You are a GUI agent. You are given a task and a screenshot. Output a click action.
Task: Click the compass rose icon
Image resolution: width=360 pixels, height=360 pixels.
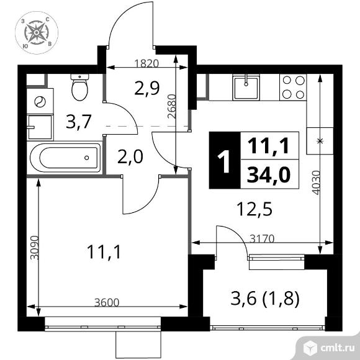coord(37,33)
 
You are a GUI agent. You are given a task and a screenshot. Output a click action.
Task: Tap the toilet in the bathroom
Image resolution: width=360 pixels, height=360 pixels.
coord(79,87)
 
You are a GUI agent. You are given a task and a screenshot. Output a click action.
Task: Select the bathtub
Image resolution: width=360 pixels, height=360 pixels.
coord(65,158)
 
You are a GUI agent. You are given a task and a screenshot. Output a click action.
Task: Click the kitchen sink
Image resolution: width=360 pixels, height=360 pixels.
coord(246,88)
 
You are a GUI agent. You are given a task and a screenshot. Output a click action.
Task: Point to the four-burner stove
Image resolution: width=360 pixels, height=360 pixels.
coord(293,88)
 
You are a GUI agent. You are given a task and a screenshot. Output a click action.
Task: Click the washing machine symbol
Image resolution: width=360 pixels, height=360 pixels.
coord(40,101)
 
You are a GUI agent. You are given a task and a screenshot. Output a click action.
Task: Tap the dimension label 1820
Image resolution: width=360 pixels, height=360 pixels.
coord(146,63)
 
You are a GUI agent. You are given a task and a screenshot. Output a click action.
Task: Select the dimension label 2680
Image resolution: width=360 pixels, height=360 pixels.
coord(172,107)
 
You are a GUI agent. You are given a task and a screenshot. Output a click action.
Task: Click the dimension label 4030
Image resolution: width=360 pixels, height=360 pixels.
coord(316,182)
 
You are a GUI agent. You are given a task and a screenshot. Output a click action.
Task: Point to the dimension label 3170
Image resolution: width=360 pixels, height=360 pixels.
coord(262,239)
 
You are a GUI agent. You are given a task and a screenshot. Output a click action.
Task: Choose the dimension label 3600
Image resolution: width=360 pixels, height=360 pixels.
coord(107,303)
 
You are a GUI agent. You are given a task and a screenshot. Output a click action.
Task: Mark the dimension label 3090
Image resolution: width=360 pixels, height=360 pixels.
coord(35,248)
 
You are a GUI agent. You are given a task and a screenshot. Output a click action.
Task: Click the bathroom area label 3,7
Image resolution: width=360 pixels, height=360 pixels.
coord(79,122)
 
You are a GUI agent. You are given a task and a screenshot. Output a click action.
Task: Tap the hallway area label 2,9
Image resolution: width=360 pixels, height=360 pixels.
coord(147,88)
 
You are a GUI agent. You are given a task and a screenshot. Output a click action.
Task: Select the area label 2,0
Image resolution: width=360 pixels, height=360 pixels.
coord(130,156)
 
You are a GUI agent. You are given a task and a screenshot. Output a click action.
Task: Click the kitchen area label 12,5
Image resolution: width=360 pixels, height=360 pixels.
coord(255,209)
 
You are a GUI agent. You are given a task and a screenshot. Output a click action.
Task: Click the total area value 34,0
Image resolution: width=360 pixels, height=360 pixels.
coord(269,175)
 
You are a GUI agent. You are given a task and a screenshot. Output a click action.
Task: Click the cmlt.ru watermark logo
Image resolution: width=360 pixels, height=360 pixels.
coord(328,348)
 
